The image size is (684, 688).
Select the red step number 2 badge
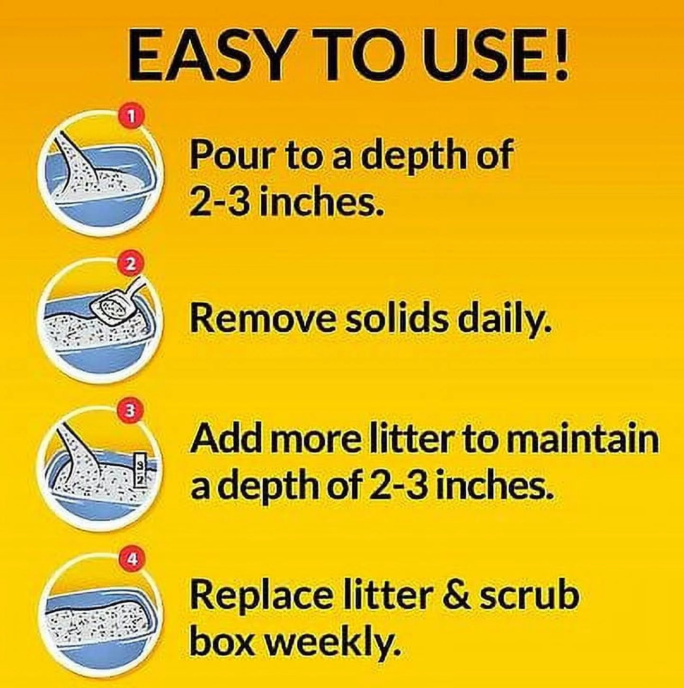click(132, 264)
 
